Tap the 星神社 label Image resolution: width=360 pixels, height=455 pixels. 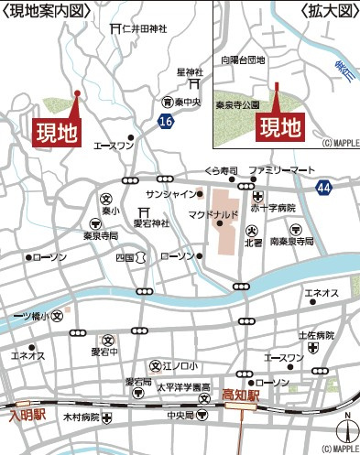[x=189, y=71]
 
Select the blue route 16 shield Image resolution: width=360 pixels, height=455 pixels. [x=165, y=121]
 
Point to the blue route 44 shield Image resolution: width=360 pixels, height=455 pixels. [x=322, y=187]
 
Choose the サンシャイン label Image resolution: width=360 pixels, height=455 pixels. [x=171, y=194]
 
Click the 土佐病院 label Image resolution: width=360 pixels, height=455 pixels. [x=316, y=335]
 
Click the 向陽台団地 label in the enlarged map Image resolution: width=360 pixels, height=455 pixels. [x=243, y=60]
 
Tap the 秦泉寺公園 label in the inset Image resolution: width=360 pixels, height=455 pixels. [x=237, y=105]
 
